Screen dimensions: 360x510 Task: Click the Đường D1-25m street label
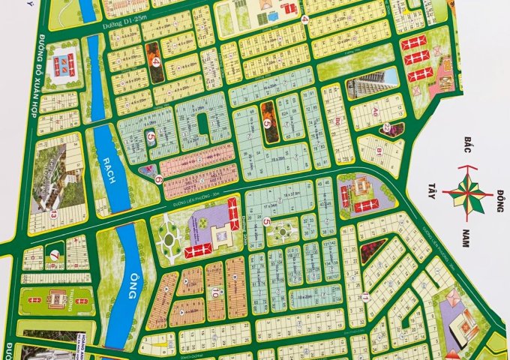pyautogui.click(x=136, y=25)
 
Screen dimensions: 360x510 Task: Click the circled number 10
pyautogui.click(x=214, y=293)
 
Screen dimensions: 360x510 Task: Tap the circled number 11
pyautogui.click(x=364, y=297)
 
